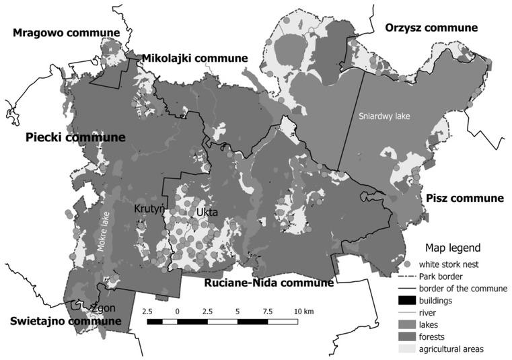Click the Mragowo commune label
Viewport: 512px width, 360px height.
(x=66, y=32)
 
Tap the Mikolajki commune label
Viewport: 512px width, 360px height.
(x=194, y=59)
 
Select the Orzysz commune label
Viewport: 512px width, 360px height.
(x=431, y=28)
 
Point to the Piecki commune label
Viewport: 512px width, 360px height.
(x=75, y=137)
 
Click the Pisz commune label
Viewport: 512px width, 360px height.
(x=464, y=198)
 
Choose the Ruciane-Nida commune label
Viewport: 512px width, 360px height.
(x=268, y=283)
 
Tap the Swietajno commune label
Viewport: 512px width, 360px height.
(x=66, y=321)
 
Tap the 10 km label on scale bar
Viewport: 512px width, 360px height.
(x=304, y=312)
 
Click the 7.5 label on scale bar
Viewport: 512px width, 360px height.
(x=268, y=312)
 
